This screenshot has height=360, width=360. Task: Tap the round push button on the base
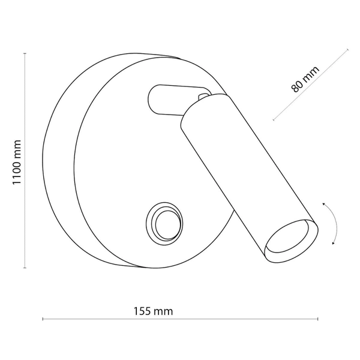(162, 224)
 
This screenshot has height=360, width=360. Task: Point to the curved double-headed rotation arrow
(332, 224)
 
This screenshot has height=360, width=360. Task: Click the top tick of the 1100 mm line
(25, 53)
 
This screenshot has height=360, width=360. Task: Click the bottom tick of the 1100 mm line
(25, 268)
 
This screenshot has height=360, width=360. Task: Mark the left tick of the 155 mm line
(43, 319)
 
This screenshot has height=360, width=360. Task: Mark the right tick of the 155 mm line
(319, 319)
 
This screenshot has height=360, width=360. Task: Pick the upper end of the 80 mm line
(348, 49)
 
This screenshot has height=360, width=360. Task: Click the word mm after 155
(163, 311)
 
